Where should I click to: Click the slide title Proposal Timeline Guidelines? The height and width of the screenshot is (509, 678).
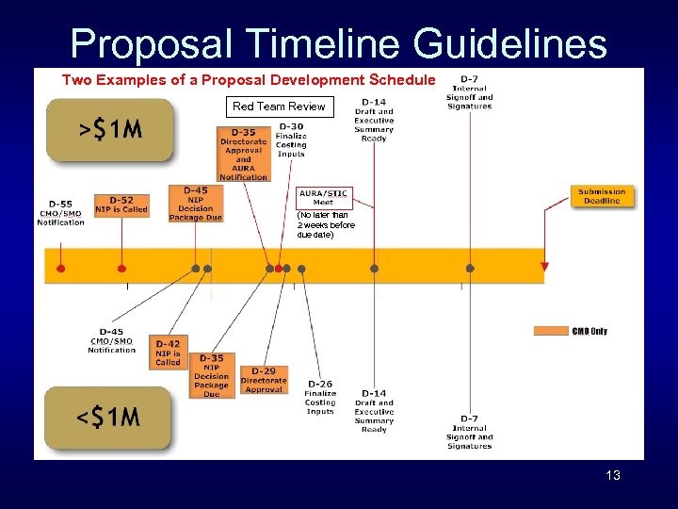[x=339, y=43]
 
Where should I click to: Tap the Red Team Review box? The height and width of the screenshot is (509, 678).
[x=279, y=107]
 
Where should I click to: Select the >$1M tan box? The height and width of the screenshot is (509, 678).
[x=109, y=130]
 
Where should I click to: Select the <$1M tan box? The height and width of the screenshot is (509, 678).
[x=107, y=417]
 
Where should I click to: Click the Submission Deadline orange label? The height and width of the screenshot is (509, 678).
[x=601, y=196]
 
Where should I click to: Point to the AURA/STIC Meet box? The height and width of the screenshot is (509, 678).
[x=323, y=198]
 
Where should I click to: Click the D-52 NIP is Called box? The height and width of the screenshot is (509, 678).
[x=121, y=205]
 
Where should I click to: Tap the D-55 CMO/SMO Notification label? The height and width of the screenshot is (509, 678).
[x=60, y=213]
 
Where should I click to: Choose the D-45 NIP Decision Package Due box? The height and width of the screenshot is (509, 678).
[x=196, y=204]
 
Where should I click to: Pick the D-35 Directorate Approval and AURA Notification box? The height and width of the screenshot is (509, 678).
[x=243, y=154]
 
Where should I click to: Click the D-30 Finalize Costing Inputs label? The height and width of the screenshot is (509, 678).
[x=291, y=140]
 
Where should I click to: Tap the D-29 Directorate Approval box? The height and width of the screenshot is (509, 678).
[x=264, y=380]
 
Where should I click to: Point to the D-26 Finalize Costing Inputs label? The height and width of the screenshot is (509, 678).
[x=320, y=398]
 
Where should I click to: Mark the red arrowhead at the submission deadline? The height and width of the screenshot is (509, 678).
[x=544, y=268]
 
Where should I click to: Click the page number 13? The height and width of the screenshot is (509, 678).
[x=613, y=475]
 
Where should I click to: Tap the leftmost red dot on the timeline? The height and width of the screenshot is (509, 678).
[x=61, y=269]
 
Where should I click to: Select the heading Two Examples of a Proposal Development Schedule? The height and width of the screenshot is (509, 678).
[x=249, y=80]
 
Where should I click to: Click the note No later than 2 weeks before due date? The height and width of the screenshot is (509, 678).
[x=326, y=224]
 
